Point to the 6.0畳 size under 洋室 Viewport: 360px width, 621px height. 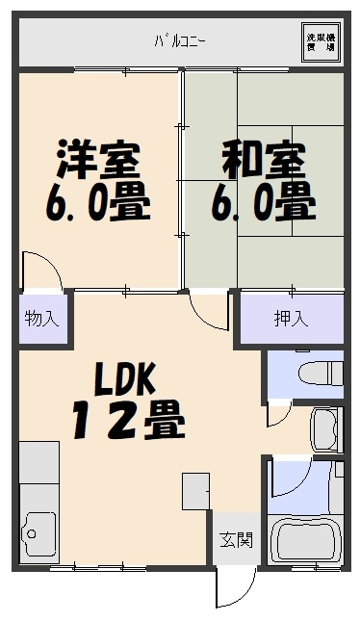click(x=96, y=202)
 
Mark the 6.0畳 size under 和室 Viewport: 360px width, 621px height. click(x=263, y=202)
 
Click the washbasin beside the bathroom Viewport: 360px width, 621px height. click(x=324, y=428)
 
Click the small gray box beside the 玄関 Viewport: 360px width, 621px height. click(x=195, y=492)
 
